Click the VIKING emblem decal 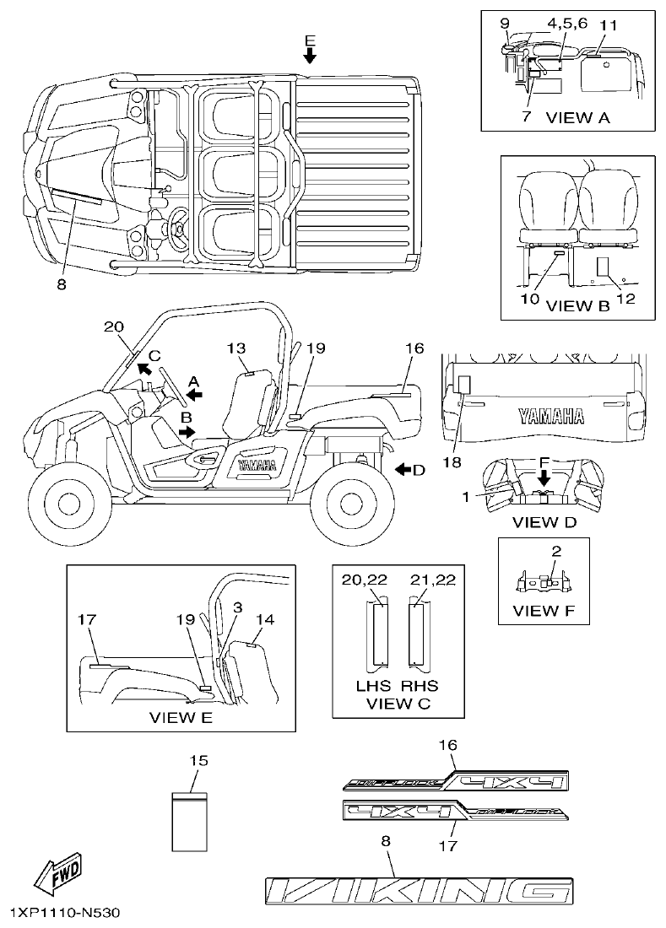point(419,890)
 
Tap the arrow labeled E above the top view point(310,56)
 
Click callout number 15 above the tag point(198,761)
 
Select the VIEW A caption point(577,117)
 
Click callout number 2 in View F point(555,552)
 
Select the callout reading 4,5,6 point(566,24)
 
